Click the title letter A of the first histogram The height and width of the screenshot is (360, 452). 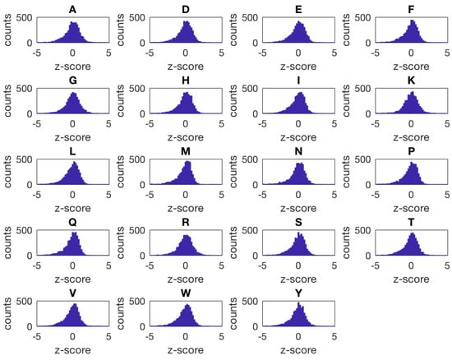(x=73, y=7)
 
